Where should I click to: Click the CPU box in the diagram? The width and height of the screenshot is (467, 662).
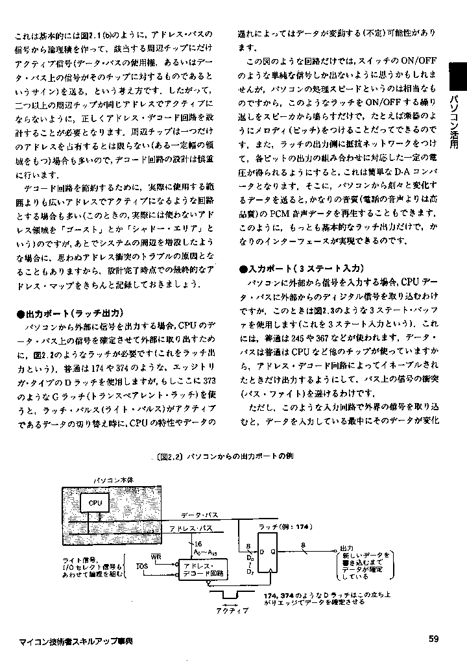click(x=96, y=503)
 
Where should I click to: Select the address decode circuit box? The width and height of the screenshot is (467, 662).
click(x=200, y=570)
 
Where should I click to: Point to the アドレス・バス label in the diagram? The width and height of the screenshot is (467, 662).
click(x=187, y=529)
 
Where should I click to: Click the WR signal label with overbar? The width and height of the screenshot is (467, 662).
click(x=156, y=556)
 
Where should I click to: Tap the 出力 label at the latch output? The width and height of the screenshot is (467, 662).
click(x=346, y=548)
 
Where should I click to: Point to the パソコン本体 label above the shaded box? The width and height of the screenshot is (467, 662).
click(x=114, y=479)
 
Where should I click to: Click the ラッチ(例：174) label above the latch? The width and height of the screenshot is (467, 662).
click(x=281, y=526)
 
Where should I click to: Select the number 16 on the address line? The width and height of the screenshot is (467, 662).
click(x=198, y=543)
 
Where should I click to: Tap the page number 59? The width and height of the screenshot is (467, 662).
click(x=433, y=638)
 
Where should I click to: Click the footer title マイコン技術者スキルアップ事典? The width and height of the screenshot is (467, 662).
click(x=76, y=640)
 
